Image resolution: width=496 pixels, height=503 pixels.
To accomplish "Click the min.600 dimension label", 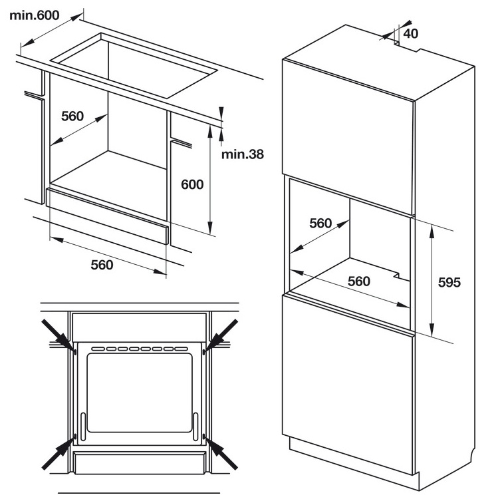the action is click(35, 15).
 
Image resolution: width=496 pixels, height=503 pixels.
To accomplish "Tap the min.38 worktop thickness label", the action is click(243, 154).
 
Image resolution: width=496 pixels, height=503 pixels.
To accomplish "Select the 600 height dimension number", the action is click(192, 184).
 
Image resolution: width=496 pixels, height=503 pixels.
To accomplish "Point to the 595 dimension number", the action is click(449, 282).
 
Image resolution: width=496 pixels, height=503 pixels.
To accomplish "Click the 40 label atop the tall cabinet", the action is click(411, 33).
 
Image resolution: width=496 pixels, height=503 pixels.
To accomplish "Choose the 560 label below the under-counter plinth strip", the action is click(102, 265).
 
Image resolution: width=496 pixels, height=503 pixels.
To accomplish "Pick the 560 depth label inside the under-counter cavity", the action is click(72, 116).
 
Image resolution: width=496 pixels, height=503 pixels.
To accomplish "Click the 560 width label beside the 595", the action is click(359, 281).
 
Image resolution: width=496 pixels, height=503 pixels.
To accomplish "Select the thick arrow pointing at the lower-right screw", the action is click(221, 452).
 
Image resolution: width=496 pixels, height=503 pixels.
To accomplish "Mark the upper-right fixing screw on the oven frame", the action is click(203, 352).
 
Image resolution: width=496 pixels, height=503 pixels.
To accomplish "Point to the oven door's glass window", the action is click(140, 393).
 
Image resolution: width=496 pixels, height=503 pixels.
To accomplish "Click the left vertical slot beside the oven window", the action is click(83, 426).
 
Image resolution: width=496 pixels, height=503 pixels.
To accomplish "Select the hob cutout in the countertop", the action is click(134, 65).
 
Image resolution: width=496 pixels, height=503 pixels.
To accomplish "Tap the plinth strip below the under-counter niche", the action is click(107, 216).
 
